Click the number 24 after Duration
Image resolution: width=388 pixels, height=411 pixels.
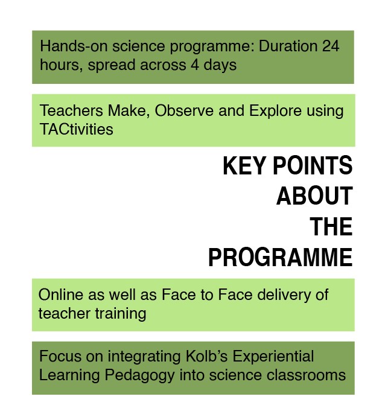coord(331,46)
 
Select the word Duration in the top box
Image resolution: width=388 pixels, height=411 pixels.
coord(288,46)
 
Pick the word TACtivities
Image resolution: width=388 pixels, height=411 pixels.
coord(77,129)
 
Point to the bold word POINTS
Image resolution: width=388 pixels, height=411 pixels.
coord(313,165)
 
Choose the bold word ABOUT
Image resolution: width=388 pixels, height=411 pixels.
coord(314,196)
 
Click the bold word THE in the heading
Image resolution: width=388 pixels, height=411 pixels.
coord(331,226)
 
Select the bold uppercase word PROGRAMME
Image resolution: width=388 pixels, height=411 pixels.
coord(281,257)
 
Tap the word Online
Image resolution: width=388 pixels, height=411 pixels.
coord(61,295)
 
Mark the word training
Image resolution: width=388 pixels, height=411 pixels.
coord(121,314)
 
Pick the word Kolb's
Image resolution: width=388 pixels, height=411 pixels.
coord(207,357)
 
